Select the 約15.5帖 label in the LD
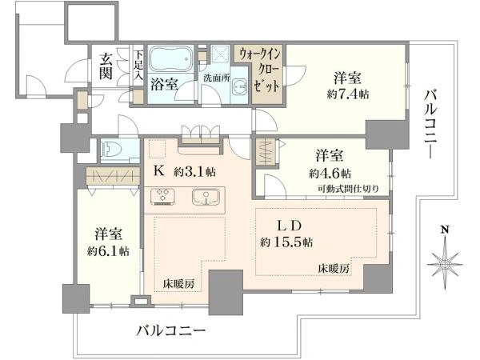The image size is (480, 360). (x=286, y=242)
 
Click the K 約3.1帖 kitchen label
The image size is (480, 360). (x=184, y=170)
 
